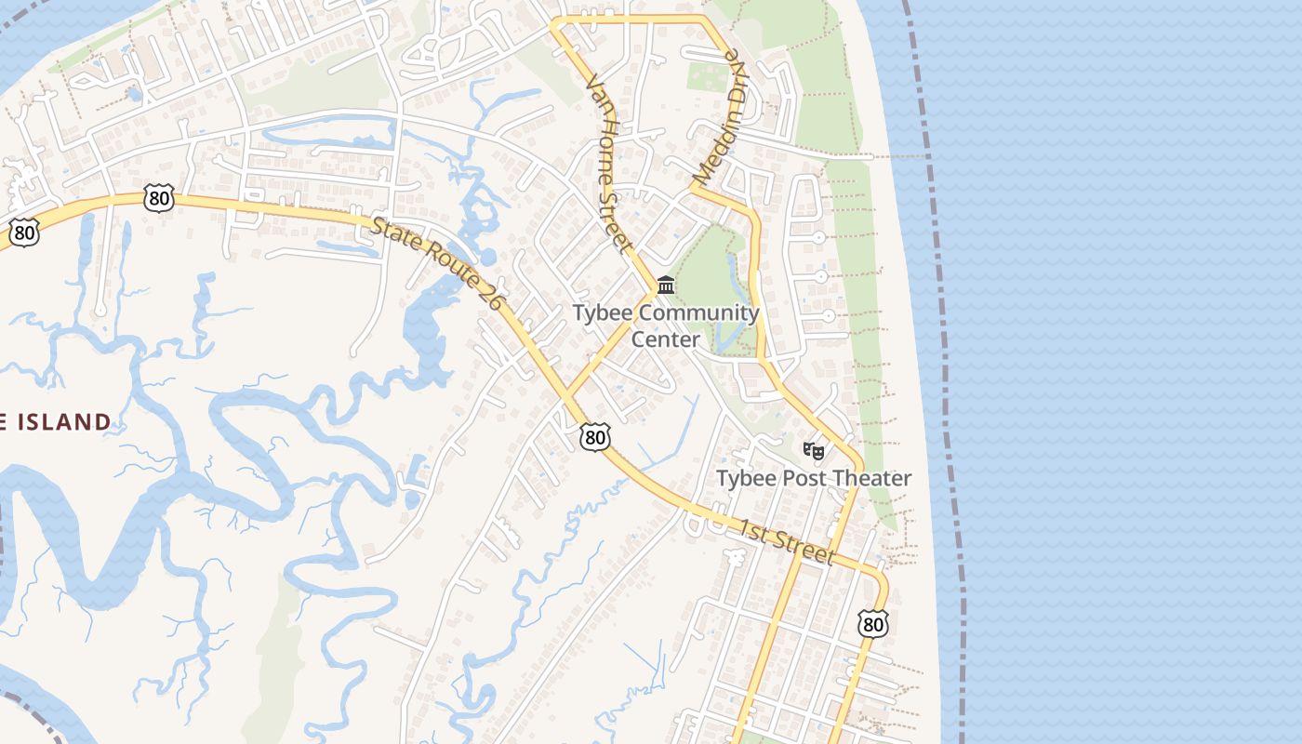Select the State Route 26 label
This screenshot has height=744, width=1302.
(x=437, y=264)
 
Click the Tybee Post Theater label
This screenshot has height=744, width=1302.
(x=814, y=478)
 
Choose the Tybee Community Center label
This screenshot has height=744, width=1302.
(x=666, y=325)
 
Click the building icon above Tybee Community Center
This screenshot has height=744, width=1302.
(x=666, y=285)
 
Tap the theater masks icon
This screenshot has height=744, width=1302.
(x=814, y=451)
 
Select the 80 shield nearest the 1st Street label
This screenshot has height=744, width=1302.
(x=872, y=623)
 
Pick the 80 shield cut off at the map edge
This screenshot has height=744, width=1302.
(x=23, y=232)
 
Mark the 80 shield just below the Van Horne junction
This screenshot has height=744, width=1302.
(x=595, y=436)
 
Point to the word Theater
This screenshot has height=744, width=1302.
(x=871, y=478)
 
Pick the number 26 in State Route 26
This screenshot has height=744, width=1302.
(x=487, y=295)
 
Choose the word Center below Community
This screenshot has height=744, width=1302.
(x=666, y=339)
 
